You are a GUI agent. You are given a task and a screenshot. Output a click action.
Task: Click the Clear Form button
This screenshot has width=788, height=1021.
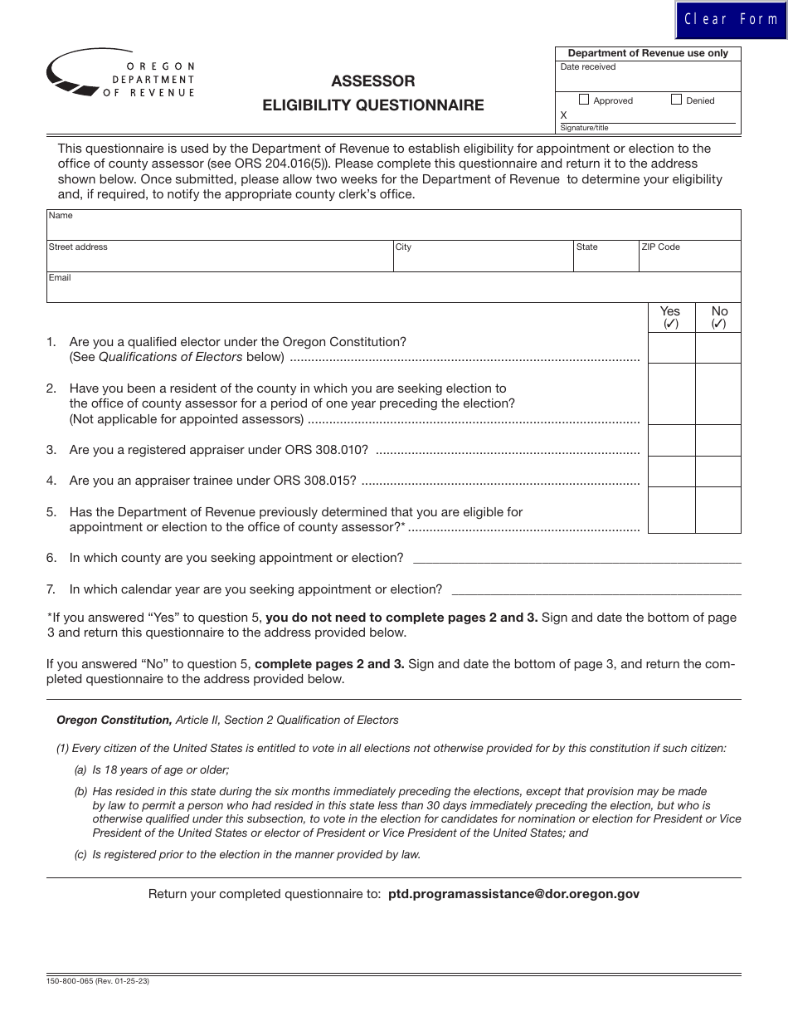coord(731,19)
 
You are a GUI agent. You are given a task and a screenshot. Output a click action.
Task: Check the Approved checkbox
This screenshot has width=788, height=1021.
coord(584,100)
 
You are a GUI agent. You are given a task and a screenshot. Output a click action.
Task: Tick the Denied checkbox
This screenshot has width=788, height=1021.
coord(676,100)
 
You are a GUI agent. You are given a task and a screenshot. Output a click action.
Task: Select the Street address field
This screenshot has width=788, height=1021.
coord(220,259)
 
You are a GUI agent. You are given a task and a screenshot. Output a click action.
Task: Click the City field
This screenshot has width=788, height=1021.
coord(483,259)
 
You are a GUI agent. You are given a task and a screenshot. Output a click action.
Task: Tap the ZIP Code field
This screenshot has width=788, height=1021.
coord(689,259)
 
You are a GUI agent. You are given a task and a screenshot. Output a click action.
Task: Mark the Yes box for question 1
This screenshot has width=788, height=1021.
coord(671,348)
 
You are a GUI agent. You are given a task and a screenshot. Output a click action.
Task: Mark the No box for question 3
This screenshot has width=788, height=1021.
coord(718,441)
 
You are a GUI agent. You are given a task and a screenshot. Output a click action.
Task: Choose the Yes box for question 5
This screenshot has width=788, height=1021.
coord(671,510)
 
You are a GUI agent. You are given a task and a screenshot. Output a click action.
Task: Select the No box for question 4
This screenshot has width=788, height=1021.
coord(718,471)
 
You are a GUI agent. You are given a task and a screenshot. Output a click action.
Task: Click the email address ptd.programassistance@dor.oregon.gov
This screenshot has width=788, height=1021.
coord(513,894)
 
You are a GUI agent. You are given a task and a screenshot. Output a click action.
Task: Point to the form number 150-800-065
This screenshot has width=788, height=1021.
coord(70,981)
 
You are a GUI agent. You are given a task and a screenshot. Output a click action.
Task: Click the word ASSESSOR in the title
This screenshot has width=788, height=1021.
coord(373,81)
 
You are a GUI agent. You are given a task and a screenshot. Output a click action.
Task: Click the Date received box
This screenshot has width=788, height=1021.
coord(648,78)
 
